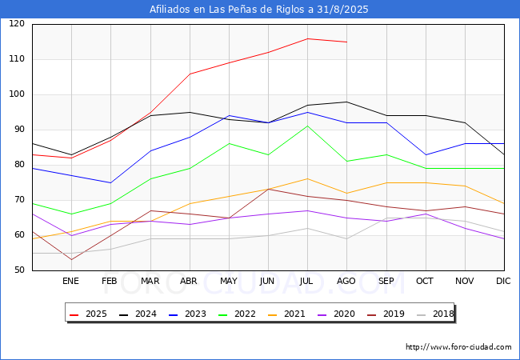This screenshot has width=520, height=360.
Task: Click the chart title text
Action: [258, 9]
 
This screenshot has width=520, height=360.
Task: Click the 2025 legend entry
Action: [88, 314]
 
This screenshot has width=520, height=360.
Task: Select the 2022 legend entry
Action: [237, 314]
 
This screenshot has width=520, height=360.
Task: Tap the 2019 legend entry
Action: [386, 314]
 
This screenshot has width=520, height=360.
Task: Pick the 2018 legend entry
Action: [435, 314]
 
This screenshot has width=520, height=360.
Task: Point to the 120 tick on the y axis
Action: [17, 23]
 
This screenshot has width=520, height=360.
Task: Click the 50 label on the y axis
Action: [19, 270]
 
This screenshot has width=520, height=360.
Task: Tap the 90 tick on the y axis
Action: [19, 130]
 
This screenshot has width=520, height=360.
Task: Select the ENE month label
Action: [70, 281]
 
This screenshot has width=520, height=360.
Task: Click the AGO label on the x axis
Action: [346, 281]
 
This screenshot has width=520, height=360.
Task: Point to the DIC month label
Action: [503, 281]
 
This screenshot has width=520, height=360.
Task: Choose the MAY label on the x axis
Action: [229, 281]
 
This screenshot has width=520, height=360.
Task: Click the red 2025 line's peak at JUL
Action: [307, 38]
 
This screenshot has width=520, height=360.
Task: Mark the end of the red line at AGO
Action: [347, 42]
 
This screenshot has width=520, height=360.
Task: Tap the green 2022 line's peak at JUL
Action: [307, 126]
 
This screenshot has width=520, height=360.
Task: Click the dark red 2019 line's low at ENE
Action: [72, 259]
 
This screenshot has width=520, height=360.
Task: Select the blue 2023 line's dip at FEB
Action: [110, 182]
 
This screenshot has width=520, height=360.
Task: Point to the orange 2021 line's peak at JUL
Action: [307, 178]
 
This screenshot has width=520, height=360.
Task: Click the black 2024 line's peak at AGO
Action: [347, 102]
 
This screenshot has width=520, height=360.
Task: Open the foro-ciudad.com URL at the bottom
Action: [458, 347]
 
